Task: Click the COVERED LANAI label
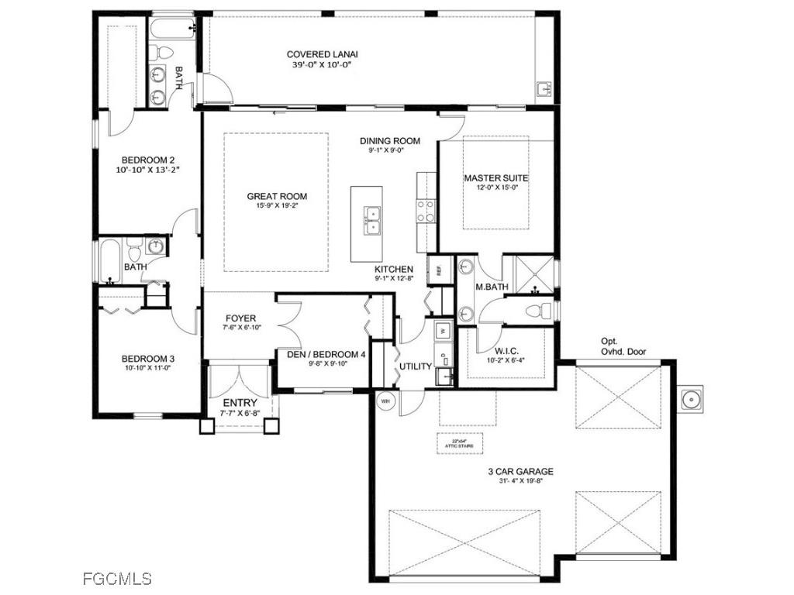coord(323,54)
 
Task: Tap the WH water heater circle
coord(385,401)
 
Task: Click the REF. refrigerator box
coord(440,270)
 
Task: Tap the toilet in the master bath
coord(540,311)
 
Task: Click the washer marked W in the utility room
coord(443,329)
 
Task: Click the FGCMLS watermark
coord(117,578)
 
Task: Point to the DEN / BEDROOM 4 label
coord(326,355)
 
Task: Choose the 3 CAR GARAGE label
coord(521,471)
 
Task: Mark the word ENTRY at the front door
coord(240,403)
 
